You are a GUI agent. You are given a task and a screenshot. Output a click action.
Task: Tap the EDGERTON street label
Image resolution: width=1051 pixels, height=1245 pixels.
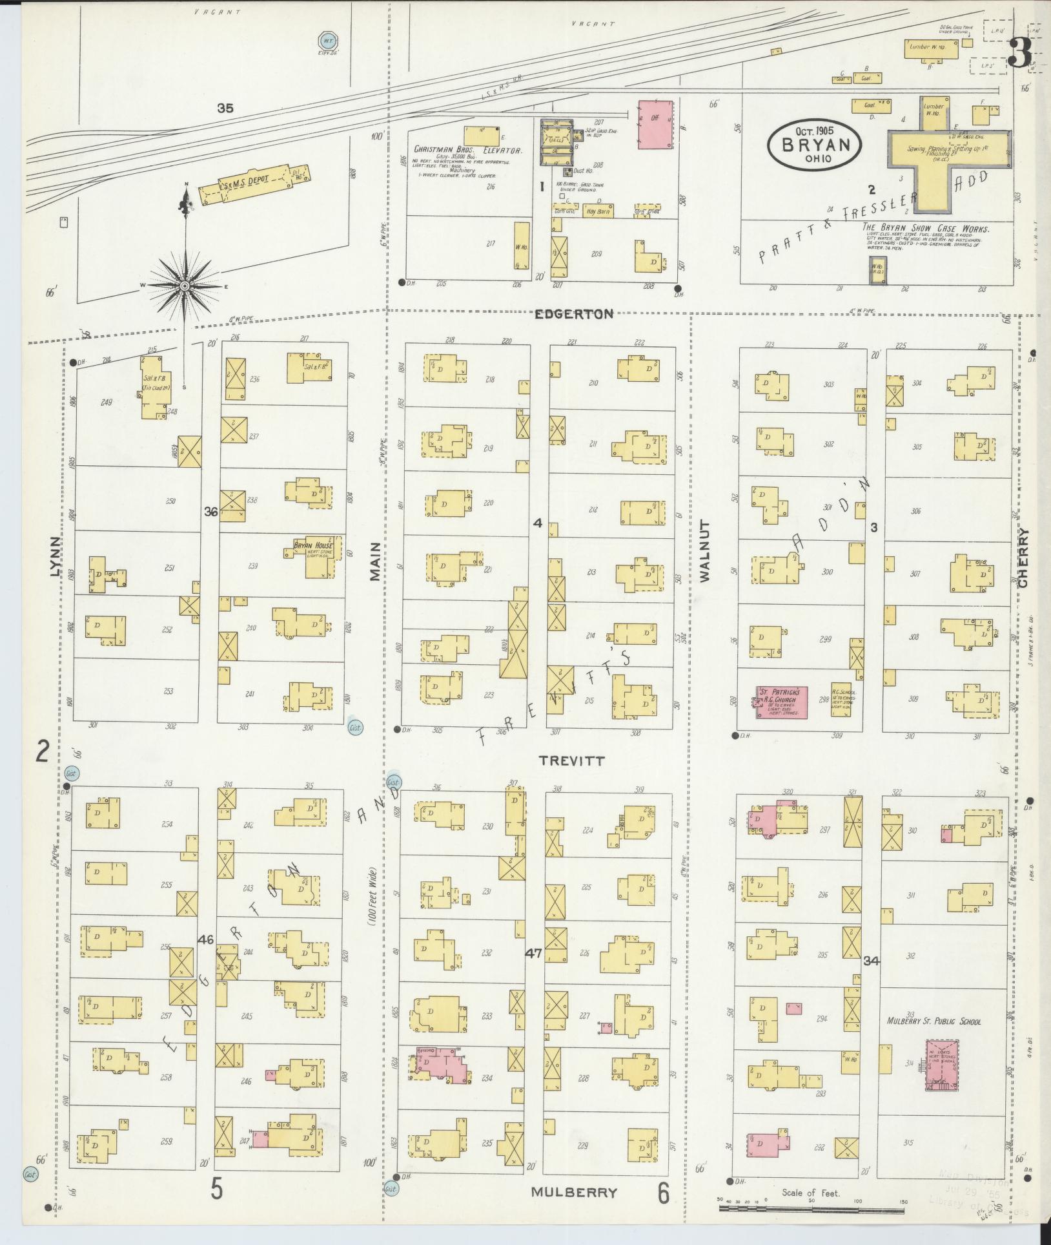pyautogui.click(x=574, y=314)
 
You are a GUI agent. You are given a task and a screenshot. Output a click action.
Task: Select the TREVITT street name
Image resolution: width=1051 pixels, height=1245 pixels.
pyautogui.click(x=573, y=761)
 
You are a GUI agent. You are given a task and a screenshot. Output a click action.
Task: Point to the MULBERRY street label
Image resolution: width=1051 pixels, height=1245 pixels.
pyautogui.click(x=574, y=1192)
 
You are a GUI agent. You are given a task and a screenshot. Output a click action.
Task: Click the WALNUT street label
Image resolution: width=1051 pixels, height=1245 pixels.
pyautogui.click(x=704, y=551)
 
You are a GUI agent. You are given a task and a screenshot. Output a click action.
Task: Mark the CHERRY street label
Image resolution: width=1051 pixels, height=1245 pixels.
pyautogui.click(x=1024, y=558)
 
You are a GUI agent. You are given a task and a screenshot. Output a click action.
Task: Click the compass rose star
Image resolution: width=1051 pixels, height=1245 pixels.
pyautogui.click(x=185, y=285)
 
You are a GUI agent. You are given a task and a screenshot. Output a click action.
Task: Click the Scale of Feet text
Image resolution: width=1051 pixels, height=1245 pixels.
pyautogui.click(x=810, y=1193)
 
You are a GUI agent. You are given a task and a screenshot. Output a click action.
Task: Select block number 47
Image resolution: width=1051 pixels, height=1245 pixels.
pyautogui.click(x=533, y=952)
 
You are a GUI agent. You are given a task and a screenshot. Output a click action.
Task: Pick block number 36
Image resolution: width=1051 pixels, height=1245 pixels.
pyautogui.click(x=210, y=511)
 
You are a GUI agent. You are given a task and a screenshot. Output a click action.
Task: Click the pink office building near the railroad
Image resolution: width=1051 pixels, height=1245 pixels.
pyautogui.click(x=655, y=125)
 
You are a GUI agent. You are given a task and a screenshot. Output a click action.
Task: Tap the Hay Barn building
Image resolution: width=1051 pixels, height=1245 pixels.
pyautogui.click(x=599, y=211)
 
